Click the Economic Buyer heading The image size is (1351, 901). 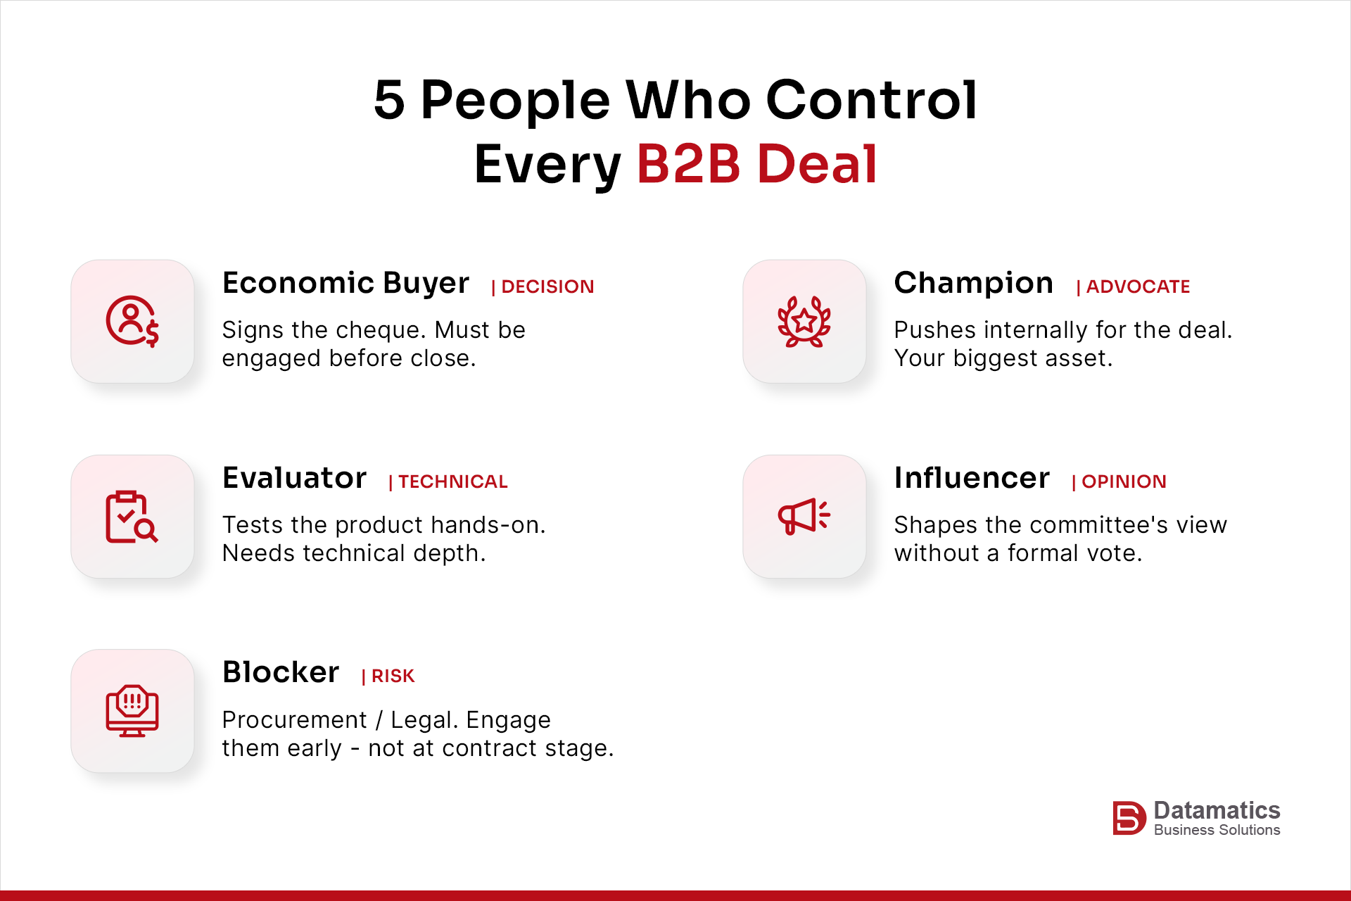pyautogui.click(x=345, y=283)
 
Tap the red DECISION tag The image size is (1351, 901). pyautogui.click(x=543, y=286)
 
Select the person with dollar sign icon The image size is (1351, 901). pyautogui.click(x=132, y=321)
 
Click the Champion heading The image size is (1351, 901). pyautogui.click(x=973, y=283)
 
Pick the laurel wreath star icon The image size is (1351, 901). pyautogui.click(x=804, y=321)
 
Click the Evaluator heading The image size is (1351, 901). pyautogui.click(x=294, y=478)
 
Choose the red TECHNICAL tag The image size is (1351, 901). pyautogui.click(x=448, y=481)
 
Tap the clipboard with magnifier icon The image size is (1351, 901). pyautogui.click(x=132, y=517)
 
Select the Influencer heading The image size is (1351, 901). pyautogui.click(x=972, y=478)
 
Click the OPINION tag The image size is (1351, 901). pyautogui.click(x=1119, y=481)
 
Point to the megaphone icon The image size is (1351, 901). pyautogui.click(x=804, y=517)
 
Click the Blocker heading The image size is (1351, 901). pyautogui.click(x=281, y=672)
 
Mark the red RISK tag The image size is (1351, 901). pyautogui.click(x=388, y=676)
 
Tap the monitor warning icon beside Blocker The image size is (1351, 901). pyautogui.click(x=132, y=711)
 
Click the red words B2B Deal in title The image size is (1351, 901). pyautogui.click(x=757, y=164)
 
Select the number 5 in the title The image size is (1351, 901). pyautogui.click(x=389, y=99)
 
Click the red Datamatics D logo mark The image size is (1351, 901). pyautogui.click(x=1129, y=818)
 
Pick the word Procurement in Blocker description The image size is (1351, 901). pyautogui.click(x=294, y=720)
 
